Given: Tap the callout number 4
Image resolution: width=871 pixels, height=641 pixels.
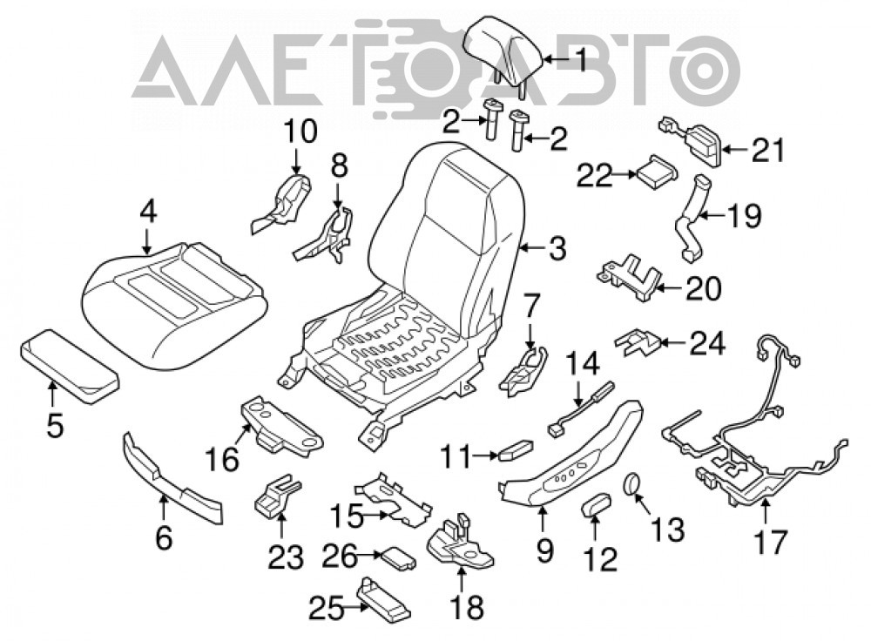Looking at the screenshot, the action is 148,212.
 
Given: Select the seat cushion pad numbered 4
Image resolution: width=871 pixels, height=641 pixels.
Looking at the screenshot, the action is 174,304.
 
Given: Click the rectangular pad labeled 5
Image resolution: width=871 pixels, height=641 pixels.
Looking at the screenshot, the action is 71,364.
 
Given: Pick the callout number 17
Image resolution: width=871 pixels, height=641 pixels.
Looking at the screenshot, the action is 771,542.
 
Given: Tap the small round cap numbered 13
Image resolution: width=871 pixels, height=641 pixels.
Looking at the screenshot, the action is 632,484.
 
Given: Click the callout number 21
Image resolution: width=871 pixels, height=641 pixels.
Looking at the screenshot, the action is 768,150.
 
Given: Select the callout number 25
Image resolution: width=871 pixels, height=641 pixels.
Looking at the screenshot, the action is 326,610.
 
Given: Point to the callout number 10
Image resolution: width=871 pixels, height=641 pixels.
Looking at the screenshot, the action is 300,132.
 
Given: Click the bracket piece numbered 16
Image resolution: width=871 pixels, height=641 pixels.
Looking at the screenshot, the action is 281,426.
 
